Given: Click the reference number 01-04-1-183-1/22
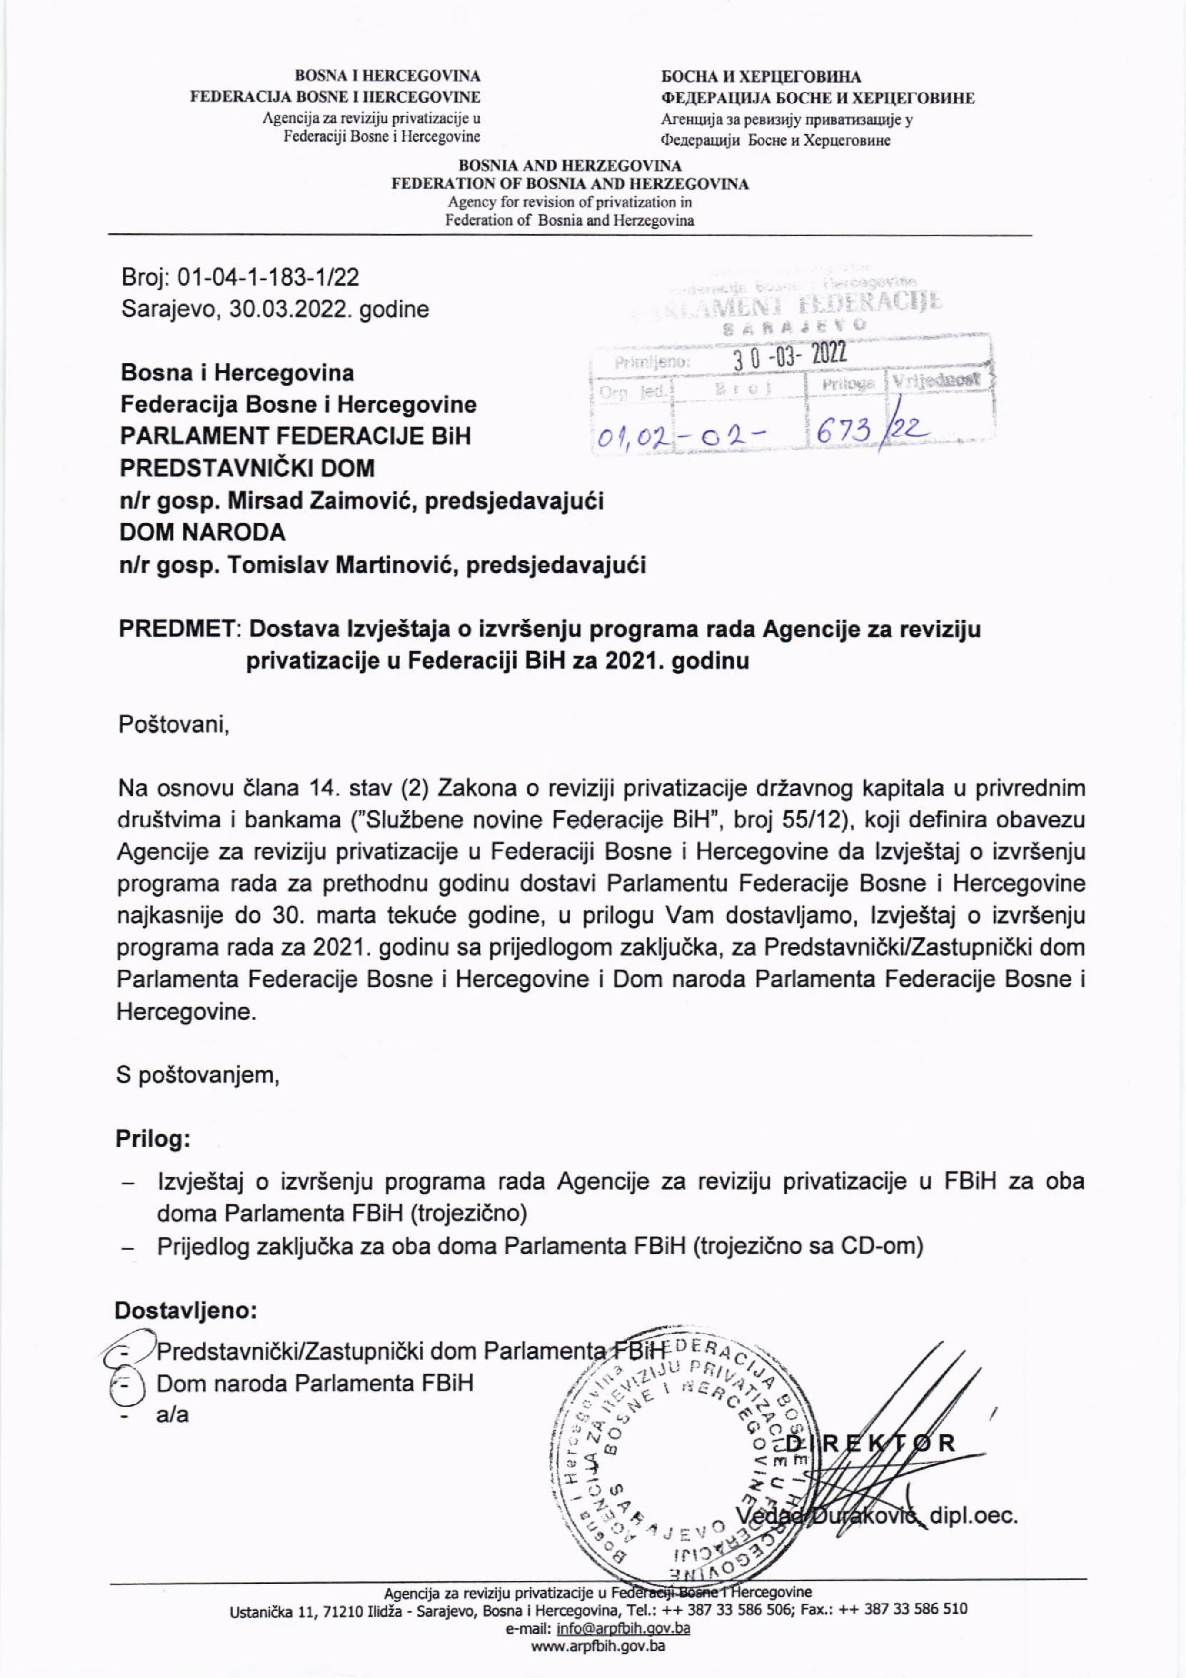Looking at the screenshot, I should point(268,278).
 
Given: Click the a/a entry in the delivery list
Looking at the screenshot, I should point(172,1414).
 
